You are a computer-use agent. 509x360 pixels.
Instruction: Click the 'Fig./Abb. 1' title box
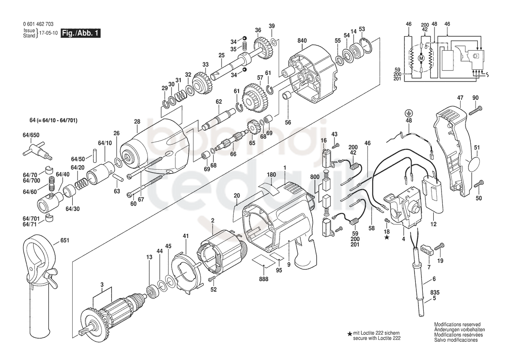81,33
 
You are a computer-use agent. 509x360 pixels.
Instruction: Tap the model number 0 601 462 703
38,24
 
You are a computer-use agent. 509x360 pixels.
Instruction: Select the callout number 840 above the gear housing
302,41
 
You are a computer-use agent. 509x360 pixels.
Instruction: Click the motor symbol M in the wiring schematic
421,58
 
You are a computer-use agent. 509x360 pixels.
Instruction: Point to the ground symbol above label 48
409,113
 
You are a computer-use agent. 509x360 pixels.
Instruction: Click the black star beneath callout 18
387,238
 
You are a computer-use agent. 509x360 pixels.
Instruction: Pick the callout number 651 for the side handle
65,241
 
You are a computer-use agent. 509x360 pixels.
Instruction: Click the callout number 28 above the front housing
137,122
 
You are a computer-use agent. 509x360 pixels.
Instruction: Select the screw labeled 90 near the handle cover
475,111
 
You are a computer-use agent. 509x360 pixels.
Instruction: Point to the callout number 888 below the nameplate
263,279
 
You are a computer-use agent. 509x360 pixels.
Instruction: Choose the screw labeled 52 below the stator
213,278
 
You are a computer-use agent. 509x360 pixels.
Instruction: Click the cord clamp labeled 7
428,250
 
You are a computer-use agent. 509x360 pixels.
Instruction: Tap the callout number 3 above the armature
102,285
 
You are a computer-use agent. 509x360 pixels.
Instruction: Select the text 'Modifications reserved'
457,324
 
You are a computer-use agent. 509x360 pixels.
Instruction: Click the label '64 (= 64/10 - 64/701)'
54,121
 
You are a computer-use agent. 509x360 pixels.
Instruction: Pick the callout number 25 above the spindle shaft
221,55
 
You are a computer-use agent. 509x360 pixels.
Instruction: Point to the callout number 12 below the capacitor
433,224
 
